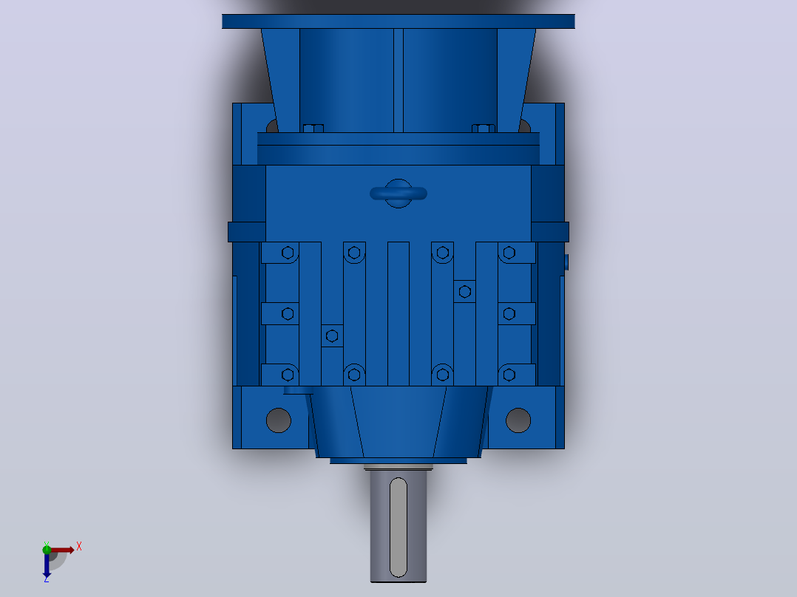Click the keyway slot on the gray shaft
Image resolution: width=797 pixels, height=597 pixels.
point(398,528)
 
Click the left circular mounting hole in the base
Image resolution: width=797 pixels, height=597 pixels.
point(279,420)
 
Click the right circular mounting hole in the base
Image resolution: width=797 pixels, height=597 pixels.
point(518,420)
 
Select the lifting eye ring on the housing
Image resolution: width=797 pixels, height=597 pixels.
point(398,194)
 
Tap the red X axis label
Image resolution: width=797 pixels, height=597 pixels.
point(79,547)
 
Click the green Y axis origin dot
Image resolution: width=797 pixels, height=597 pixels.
point(47,549)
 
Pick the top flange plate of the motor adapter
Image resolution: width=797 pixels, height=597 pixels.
point(398,21)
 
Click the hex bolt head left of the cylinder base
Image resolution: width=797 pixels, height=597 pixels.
point(313,128)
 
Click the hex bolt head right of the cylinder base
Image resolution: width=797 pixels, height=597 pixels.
point(484,128)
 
